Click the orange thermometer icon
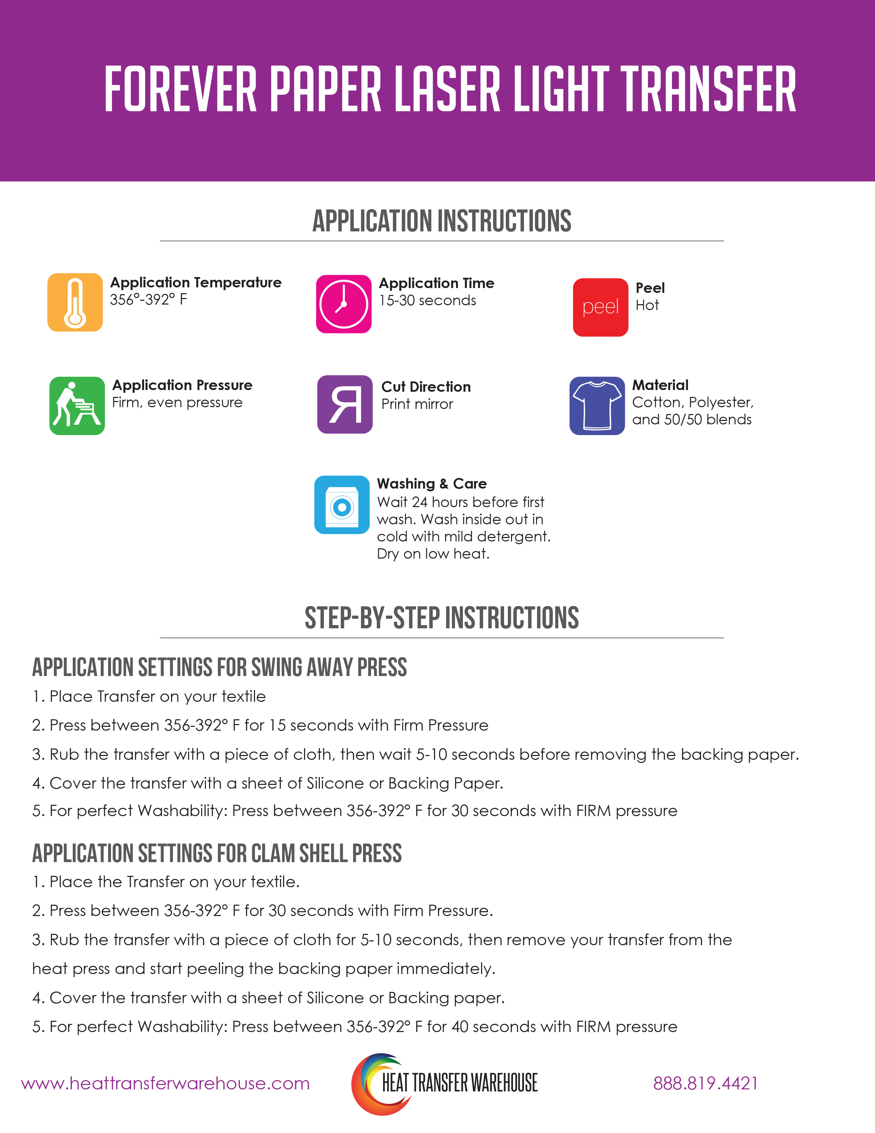pos(75,302)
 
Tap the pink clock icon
pos(344,304)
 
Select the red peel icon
pos(600,307)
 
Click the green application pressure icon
pos(77,406)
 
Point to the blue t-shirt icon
pos(597,406)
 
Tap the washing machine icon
pos(342,505)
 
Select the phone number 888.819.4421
pos(705,1084)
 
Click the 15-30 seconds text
pos(427,300)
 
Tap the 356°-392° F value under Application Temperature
pos(148,299)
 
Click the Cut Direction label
pos(425,387)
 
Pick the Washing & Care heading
pos(431,483)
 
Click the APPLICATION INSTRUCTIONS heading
pos(442,221)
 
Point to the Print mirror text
pos(417,404)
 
